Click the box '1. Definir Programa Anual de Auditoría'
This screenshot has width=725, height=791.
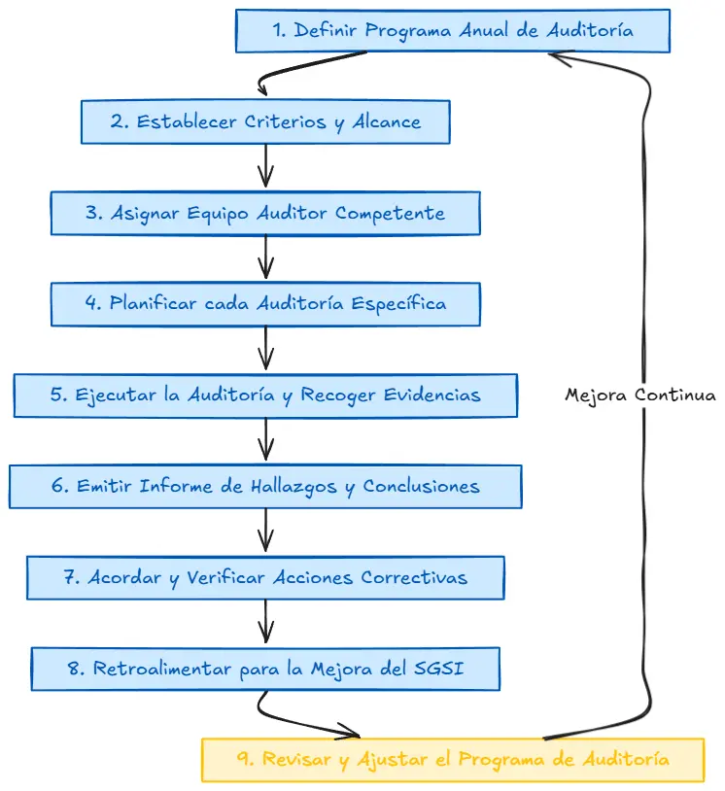(453, 31)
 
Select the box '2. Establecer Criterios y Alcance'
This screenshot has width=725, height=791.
(265, 122)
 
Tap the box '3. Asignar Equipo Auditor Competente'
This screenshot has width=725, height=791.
(265, 213)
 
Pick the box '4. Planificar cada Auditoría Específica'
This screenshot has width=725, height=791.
(265, 303)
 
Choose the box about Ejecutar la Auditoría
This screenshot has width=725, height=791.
(265, 395)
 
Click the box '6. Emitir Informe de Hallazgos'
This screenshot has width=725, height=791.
(265, 485)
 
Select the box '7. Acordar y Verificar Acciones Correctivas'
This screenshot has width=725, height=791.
(265, 577)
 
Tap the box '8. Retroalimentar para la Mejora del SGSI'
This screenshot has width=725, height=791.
(265, 669)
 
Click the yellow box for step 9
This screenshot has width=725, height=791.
(452, 759)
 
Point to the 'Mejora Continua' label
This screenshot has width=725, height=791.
(640, 395)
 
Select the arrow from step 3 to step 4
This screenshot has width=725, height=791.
(265, 258)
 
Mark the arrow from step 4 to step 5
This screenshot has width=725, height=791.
(265, 348)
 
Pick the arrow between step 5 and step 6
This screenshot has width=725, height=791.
(265, 439)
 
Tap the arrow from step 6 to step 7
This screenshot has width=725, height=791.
(265, 531)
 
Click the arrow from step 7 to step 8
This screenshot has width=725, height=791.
(265, 622)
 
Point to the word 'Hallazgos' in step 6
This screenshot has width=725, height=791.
(293, 486)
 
